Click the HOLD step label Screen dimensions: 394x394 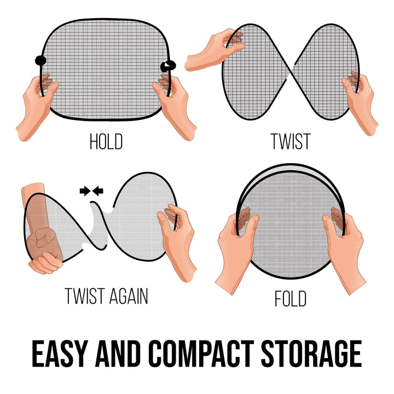coord(106,142)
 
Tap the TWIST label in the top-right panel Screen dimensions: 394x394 coord(291,142)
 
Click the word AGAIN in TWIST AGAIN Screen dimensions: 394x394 coord(128,296)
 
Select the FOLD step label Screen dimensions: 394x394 coord(291,298)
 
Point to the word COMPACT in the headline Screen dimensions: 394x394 coord(201,354)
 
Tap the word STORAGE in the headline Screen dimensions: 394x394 coord(311,354)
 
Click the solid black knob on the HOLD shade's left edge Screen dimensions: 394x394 coord(40,61)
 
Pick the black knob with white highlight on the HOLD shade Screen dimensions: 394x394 coord(168,66)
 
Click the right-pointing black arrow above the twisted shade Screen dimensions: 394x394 coord(85,191)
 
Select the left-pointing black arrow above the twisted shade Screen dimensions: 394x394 coord(98,191)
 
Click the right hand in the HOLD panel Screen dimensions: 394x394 coord(173,106)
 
